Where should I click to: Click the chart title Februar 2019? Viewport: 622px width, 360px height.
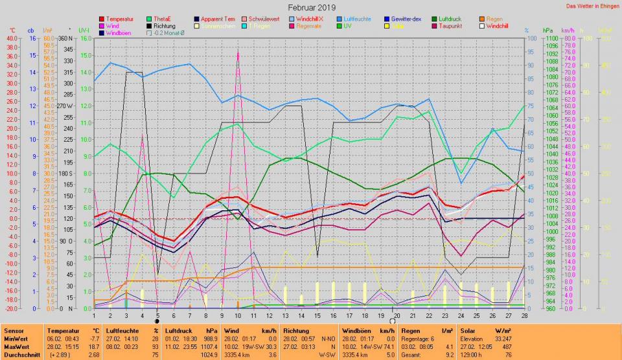pos(312,7)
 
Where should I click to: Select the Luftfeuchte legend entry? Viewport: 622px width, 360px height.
pos(357,19)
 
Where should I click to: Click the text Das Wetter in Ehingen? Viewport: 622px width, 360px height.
pos(592,6)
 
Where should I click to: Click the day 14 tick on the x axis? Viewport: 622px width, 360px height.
pos(301,315)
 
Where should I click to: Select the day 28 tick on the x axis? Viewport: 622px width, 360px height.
pos(524,315)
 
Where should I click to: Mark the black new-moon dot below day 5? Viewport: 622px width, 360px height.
pos(157,321)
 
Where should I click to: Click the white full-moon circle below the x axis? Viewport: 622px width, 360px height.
pos(392,321)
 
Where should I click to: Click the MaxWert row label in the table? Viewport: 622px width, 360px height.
pos(16,346)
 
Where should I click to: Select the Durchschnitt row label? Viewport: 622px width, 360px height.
pos(21,354)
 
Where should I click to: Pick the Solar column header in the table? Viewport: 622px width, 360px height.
pos(468,331)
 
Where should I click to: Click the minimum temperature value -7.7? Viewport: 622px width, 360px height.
pos(93,339)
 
